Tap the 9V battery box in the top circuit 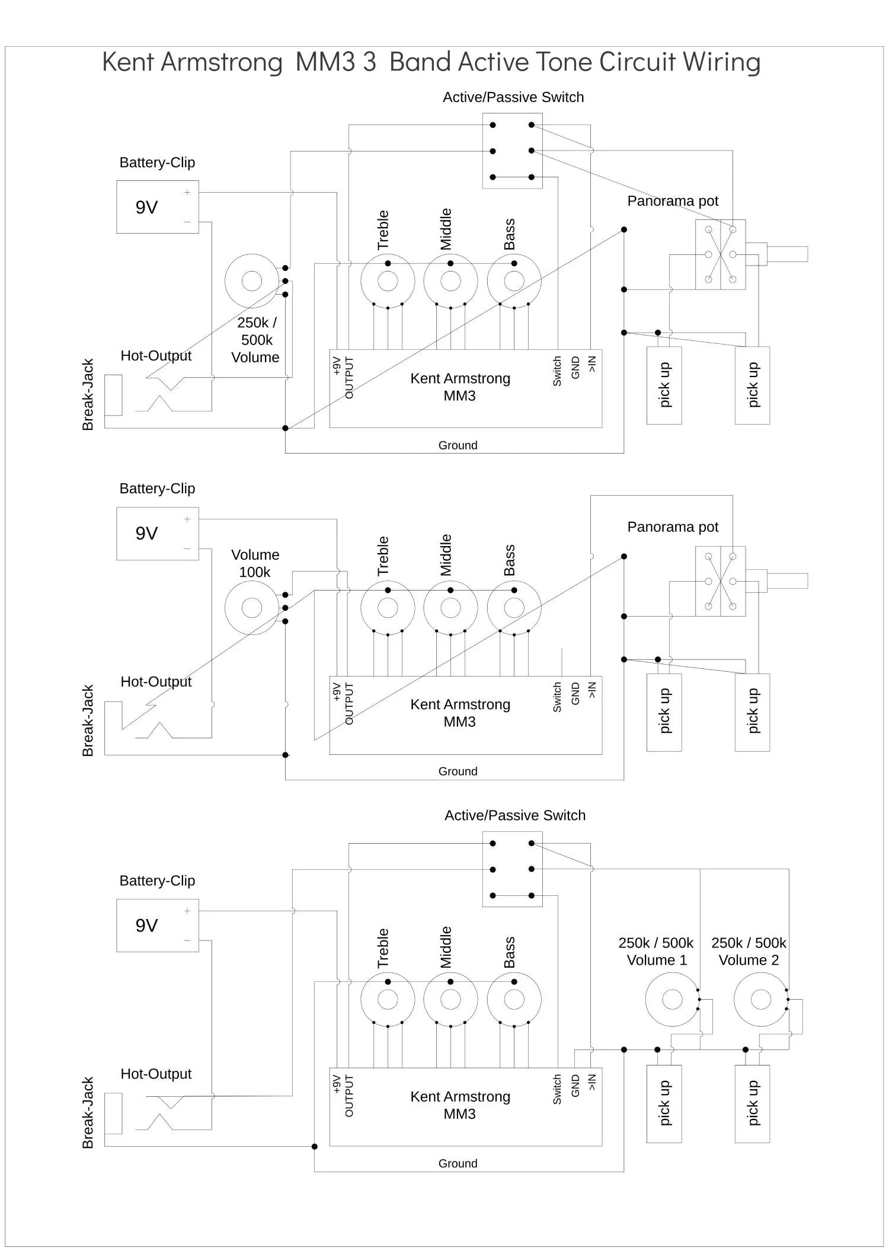(x=158, y=207)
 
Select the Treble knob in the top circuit (x=388, y=281)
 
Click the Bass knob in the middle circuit (x=514, y=608)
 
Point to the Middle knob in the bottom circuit (x=450, y=1000)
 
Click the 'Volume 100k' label (x=255, y=563)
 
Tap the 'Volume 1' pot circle (x=672, y=1000)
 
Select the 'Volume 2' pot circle (x=761, y=1000)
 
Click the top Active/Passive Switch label (x=513, y=97)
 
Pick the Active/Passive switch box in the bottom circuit (x=512, y=869)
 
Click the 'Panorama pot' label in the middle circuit (x=673, y=527)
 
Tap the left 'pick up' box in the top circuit (x=664, y=385)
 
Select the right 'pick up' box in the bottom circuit (x=752, y=1104)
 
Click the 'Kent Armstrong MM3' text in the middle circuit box (x=460, y=713)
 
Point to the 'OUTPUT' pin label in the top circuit (x=349, y=378)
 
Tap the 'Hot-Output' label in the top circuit (x=156, y=356)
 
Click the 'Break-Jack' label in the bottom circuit (x=88, y=1113)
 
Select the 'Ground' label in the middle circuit (x=458, y=771)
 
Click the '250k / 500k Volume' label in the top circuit (x=255, y=340)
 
